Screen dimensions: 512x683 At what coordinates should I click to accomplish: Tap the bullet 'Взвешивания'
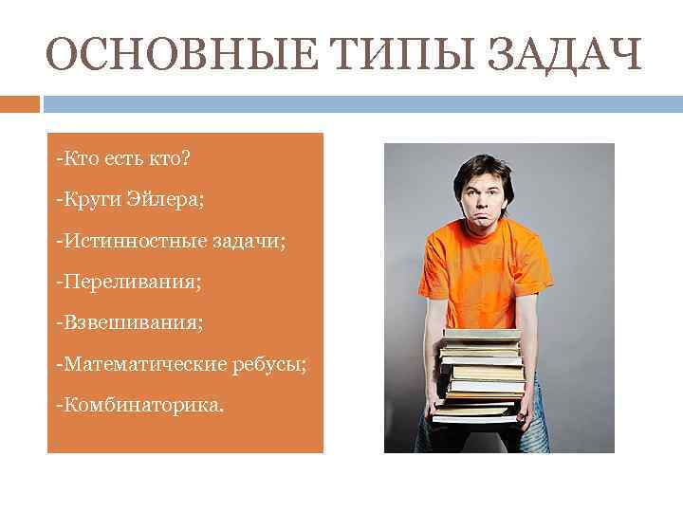pos(129,323)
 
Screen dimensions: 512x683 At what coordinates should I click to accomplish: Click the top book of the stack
pos(482,336)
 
